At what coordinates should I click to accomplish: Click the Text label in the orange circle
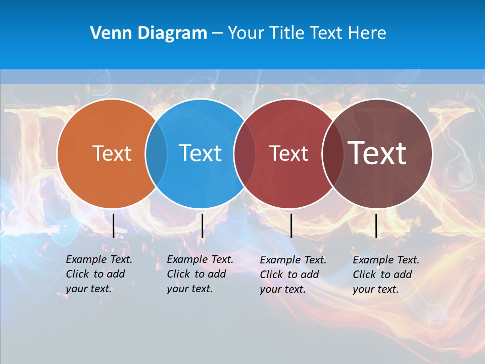(x=112, y=153)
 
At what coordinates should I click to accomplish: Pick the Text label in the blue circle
(x=200, y=153)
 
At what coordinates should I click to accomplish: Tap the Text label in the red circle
(x=288, y=153)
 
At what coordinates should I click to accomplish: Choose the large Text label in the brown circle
(x=377, y=153)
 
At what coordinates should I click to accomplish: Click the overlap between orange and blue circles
(x=156, y=153)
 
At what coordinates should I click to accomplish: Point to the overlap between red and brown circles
(x=332, y=153)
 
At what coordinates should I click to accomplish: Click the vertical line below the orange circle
(x=114, y=225)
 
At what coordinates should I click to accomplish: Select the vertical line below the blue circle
(x=202, y=225)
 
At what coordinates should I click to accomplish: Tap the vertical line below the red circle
(x=291, y=225)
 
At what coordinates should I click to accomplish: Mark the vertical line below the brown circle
(x=376, y=225)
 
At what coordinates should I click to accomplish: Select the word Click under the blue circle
(x=178, y=274)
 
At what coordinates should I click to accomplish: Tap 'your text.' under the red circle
(x=282, y=289)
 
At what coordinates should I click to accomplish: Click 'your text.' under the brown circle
(x=375, y=290)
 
